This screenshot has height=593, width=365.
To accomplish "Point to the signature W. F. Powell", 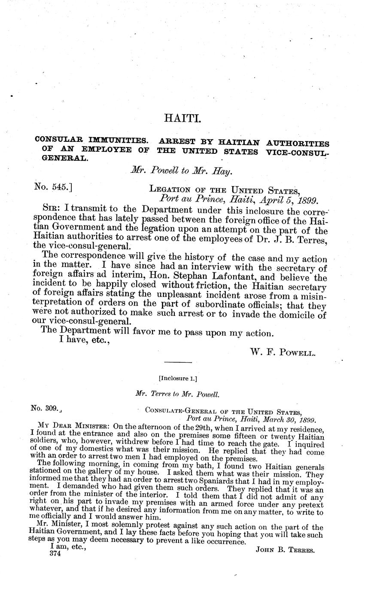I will [283, 353].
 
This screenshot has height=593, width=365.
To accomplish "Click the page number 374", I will [56, 554].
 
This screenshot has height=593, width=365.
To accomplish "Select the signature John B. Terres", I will [285, 550].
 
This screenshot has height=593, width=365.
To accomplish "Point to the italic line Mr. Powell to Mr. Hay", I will [182, 171].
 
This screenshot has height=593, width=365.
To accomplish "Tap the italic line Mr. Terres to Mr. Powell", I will [177, 394].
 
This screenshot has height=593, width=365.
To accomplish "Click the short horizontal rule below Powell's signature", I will [178, 363].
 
